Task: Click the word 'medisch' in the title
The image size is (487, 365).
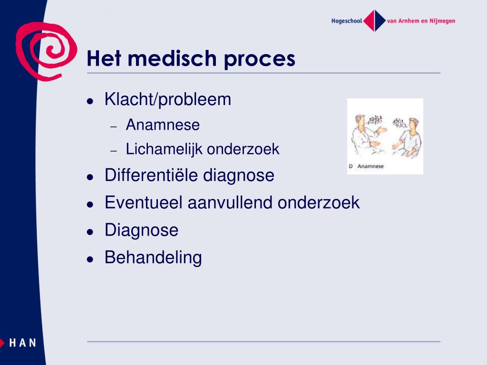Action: (172, 58)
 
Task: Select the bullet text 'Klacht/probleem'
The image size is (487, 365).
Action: (168, 100)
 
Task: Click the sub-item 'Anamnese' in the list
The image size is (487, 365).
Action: (163, 125)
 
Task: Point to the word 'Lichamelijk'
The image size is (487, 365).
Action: (164, 149)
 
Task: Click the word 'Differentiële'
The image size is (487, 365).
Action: (151, 175)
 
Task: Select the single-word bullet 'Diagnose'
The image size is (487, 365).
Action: (142, 231)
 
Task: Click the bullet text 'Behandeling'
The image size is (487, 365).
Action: (153, 258)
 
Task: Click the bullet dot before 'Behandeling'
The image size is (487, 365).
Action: (90, 259)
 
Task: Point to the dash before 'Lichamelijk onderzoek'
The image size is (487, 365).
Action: (114, 151)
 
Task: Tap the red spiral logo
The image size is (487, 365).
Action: (46, 51)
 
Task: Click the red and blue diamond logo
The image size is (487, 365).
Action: (374, 21)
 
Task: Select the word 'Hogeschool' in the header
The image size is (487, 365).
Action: (347, 21)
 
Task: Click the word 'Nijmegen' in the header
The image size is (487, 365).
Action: (442, 21)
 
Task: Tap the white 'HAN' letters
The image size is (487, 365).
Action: (23, 343)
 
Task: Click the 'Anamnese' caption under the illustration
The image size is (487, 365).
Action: (370, 166)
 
